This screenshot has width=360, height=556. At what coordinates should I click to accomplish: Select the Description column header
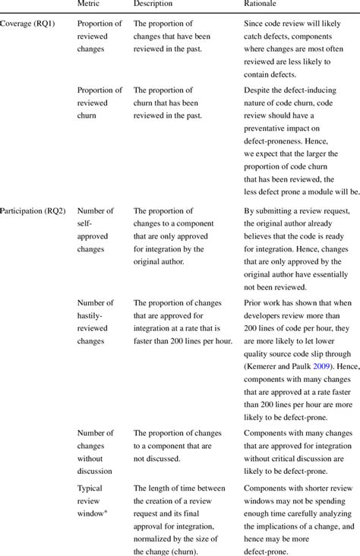[x=153, y=5]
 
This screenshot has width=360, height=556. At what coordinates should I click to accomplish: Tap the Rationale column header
[x=261, y=5]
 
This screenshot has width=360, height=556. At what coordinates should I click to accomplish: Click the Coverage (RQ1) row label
[x=27, y=24]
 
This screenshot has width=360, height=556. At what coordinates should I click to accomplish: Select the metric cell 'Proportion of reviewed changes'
[x=99, y=36]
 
